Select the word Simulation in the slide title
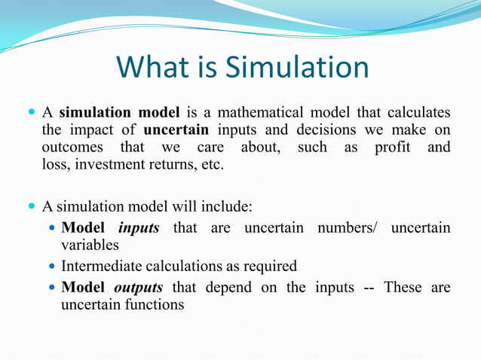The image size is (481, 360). pos(298,69)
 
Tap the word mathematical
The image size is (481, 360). pos(306,113)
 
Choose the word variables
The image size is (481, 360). pos(90,245)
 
